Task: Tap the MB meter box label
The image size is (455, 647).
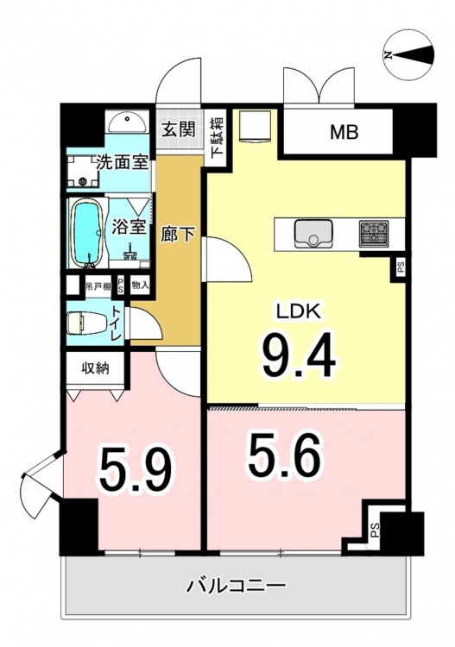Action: pos(344,132)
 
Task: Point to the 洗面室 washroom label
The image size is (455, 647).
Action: pos(123,162)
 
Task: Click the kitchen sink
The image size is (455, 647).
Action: pos(313,233)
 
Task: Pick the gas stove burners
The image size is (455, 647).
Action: pos(374,233)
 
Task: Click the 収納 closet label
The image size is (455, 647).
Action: pos(95,367)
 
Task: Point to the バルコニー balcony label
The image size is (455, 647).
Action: pos(237,585)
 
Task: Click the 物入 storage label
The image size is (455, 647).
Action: pos(140,286)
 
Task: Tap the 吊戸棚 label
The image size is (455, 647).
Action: pos(98,286)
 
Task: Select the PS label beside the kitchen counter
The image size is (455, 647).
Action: pos(401,268)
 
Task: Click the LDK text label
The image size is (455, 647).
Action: pos(299,311)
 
